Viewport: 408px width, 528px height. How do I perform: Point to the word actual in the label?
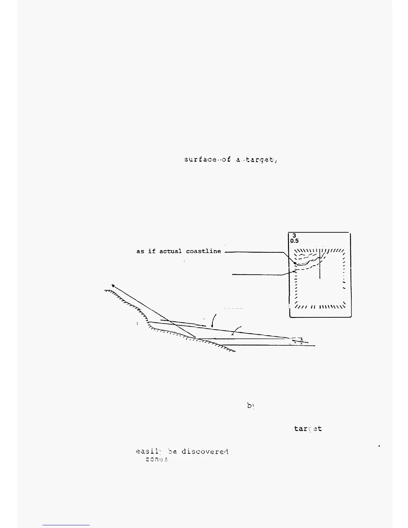[x=170, y=251]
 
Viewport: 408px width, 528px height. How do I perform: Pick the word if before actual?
[x=152, y=251]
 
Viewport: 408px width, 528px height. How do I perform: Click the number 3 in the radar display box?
[x=294, y=236]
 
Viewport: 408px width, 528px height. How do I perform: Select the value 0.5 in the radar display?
[x=294, y=241]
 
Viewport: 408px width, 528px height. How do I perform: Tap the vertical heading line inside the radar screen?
[x=320, y=265]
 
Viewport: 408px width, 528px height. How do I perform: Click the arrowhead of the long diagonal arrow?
[x=113, y=285]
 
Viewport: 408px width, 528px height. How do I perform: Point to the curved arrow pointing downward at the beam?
[x=214, y=320]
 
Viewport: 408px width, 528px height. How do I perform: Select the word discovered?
[x=205, y=452]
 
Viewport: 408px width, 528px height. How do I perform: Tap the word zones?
[x=156, y=459]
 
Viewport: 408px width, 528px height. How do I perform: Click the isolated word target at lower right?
[x=308, y=429]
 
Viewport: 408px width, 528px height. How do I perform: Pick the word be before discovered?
[x=172, y=452]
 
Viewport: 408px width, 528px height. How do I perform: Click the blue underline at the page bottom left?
[x=66, y=525]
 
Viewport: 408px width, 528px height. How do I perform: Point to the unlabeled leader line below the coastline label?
[x=257, y=275]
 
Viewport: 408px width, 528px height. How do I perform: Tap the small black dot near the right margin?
[x=379, y=446]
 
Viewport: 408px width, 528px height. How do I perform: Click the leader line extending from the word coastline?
[x=253, y=252]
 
